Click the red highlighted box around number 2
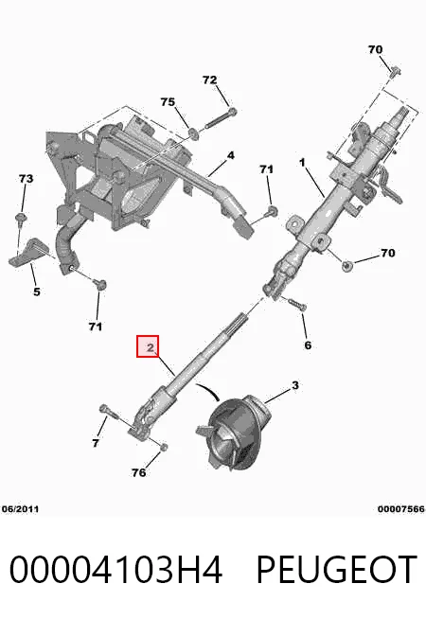coord(148,346)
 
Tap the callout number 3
coord(295,385)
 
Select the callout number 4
coord(231,155)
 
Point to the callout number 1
coord(302,162)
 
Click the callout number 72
coord(209,80)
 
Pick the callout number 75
coord(168,102)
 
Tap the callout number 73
coord(27,179)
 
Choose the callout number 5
coord(36,292)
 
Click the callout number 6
coord(308,345)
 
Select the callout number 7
coord(96,443)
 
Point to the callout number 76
coord(138,472)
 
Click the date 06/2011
coord(21,509)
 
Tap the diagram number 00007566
coord(401,509)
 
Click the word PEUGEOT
coord(337,569)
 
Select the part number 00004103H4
coord(115,569)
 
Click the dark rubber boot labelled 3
coord(233,431)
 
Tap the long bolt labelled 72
coord(222,119)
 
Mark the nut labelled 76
coord(165,447)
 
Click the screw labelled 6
coord(297,305)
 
